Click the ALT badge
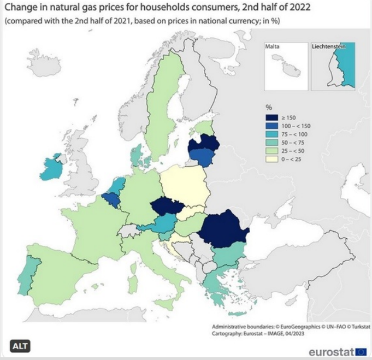(x=20, y=345)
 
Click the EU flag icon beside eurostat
(x=361, y=351)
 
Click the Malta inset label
(x=272, y=47)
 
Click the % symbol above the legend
(x=269, y=107)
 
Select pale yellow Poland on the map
(x=183, y=186)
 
